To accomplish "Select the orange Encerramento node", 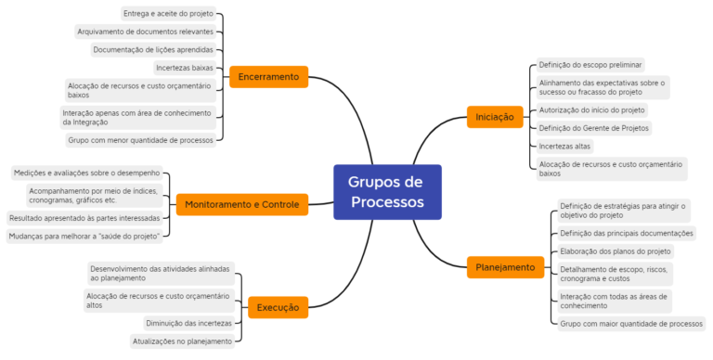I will tap(268, 76).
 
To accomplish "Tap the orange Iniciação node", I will tap(495, 117).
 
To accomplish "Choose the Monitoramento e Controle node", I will tap(241, 204).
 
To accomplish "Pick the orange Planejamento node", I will tap(505, 267).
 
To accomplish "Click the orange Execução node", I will tap(278, 306).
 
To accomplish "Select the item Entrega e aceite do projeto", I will tap(168, 14).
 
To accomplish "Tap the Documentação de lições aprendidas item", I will tap(153, 50).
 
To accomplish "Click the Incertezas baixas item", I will tap(184, 68).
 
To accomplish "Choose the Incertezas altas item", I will tap(564, 146).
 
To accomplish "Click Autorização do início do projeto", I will tap(591, 109).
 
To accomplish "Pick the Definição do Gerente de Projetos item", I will tap(593, 127).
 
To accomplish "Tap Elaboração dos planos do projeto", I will tap(615, 251).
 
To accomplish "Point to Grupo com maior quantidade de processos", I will tap(630, 324).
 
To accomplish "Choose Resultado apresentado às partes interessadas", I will tap(84, 218).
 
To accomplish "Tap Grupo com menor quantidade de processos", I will tap(140, 140).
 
